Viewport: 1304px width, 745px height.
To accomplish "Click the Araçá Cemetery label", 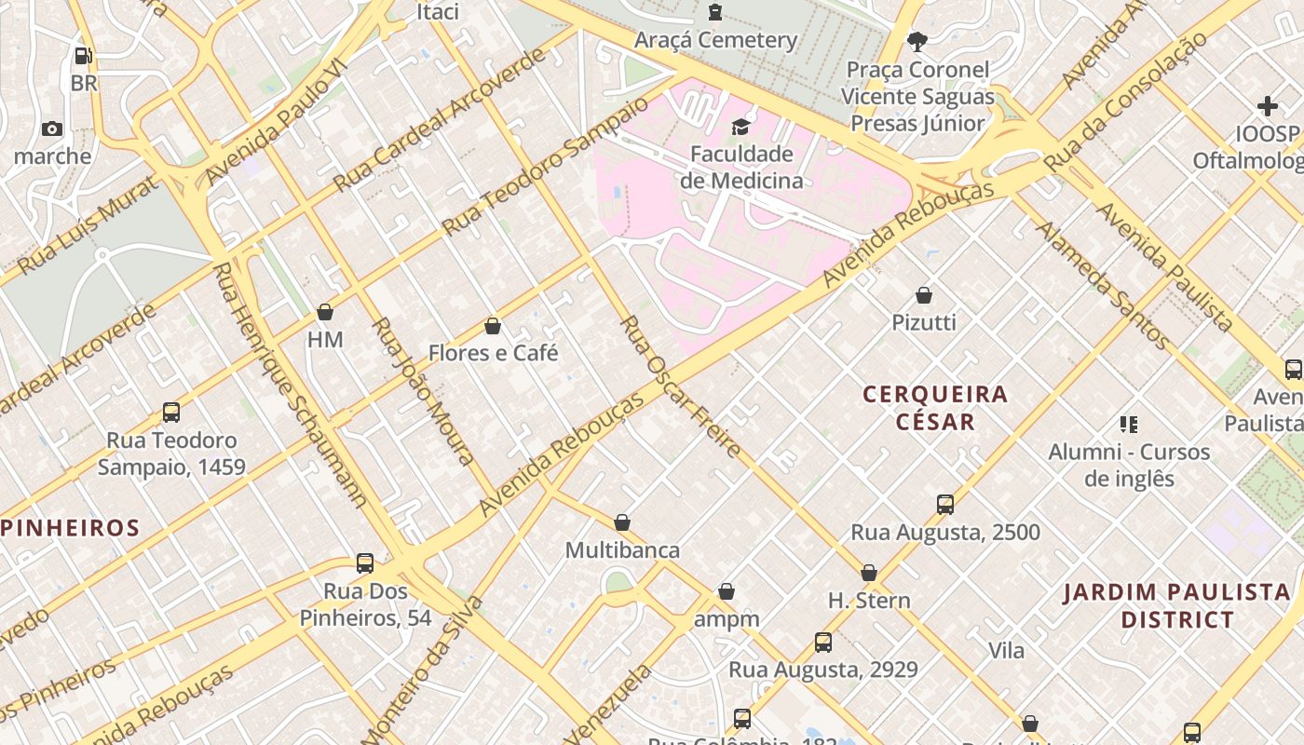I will click(x=715, y=40).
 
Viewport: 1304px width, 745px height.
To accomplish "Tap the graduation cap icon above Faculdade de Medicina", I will click(x=740, y=127).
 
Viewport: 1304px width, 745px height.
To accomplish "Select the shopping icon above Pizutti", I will click(x=924, y=295).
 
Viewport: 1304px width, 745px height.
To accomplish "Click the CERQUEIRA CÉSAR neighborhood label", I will click(x=935, y=408).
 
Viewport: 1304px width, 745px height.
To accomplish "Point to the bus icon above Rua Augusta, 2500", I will click(x=945, y=505).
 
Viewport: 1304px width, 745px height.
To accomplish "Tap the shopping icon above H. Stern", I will click(x=869, y=573).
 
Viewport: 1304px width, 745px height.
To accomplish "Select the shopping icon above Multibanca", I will click(x=622, y=522).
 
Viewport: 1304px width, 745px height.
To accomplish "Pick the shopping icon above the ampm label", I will click(x=727, y=591).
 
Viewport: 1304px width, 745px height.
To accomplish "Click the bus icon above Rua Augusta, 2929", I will click(x=822, y=642).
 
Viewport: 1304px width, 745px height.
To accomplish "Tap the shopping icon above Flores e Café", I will click(x=493, y=326).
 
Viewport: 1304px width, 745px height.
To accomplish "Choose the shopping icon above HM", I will click(x=325, y=312).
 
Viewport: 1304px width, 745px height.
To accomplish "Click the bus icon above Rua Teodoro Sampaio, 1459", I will click(x=170, y=412).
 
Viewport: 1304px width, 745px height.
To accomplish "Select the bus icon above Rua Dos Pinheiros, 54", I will click(x=365, y=563).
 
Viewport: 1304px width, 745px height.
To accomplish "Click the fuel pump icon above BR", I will click(x=83, y=56).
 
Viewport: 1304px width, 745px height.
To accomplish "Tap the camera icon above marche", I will click(x=52, y=129).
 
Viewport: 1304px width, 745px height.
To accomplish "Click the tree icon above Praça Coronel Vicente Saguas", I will click(x=917, y=42).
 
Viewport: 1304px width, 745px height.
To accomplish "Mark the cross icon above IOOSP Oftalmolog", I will click(x=1267, y=106).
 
